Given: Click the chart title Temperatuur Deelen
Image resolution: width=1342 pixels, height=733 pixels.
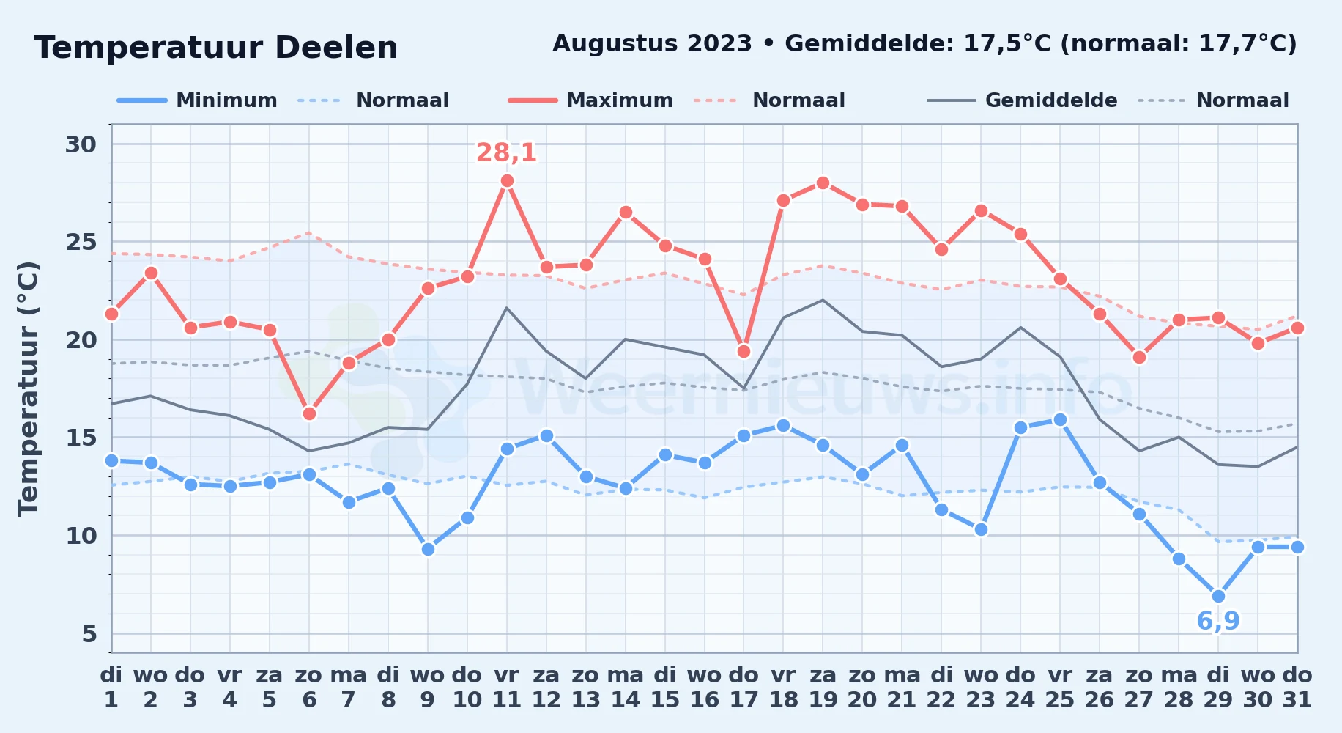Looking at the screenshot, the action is click(216, 48).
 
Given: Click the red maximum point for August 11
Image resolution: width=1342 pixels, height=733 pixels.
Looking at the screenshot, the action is click(507, 181).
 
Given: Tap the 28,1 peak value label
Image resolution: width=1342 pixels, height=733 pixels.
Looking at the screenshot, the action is click(507, 152).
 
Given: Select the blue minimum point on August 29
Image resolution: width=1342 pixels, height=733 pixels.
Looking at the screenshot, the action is click(1218, 596).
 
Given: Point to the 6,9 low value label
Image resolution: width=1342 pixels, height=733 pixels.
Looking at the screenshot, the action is click(1218, 621).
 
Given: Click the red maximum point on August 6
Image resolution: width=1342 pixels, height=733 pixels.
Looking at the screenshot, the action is click(309, 413).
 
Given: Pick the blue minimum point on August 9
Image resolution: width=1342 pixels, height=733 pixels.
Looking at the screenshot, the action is click(428, 549).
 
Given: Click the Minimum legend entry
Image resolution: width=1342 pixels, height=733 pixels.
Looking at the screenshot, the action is click(198, 100).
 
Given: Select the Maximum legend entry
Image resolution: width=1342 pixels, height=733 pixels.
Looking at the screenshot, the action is click(590, 100).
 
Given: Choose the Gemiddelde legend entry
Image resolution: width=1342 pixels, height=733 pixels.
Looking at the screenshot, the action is click(1023, 100).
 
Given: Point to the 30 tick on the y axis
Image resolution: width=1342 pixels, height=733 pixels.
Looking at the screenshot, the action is click(81, 144).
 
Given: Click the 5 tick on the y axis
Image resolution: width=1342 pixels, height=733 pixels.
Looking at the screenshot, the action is click(89, 633).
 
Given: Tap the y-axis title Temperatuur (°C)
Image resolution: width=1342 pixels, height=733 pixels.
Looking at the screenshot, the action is click(28, 388).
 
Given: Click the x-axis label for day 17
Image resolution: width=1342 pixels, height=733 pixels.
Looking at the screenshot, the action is click(744, 688).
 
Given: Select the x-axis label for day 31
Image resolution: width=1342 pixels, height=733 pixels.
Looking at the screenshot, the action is click(1297, 688).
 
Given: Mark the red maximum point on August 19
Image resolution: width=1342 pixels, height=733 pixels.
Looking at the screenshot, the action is click(823, 183).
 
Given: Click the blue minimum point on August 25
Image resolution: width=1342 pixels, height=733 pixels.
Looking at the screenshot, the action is click(1060, 419).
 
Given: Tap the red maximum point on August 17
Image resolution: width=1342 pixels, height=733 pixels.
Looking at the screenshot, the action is click(744, 351).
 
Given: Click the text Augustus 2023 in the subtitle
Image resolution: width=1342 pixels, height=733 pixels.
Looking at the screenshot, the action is click(652, 44).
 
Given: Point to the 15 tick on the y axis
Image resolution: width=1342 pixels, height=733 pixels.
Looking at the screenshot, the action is click(81, 438).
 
